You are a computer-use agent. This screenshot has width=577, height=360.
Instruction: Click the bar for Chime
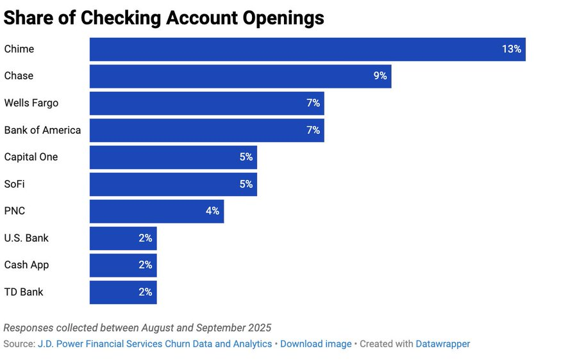307,49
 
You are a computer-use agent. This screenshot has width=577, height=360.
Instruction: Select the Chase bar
240,76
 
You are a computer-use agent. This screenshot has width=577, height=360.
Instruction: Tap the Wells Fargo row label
31,103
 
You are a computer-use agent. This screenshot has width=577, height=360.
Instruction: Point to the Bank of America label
42,130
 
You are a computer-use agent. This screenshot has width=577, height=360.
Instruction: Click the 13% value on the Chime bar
511,49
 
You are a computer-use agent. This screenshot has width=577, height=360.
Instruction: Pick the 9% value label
380,76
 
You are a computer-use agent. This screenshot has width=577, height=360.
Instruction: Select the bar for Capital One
173,157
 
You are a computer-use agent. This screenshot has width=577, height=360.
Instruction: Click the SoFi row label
15,184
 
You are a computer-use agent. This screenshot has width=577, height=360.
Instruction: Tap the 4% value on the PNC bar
212,211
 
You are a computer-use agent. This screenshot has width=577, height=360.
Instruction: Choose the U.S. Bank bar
123,238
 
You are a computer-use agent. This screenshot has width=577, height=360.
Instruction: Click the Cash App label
26,265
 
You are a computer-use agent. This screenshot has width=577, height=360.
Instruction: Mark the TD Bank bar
123,292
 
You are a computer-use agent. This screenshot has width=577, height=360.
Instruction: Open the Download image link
315,344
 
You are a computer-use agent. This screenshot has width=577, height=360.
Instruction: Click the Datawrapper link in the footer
442,344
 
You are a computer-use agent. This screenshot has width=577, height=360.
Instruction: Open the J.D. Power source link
155,344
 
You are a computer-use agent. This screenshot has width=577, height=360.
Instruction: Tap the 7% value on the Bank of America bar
313,130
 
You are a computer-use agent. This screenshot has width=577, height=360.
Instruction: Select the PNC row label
15,211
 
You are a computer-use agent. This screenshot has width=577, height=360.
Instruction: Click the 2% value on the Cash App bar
145,265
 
